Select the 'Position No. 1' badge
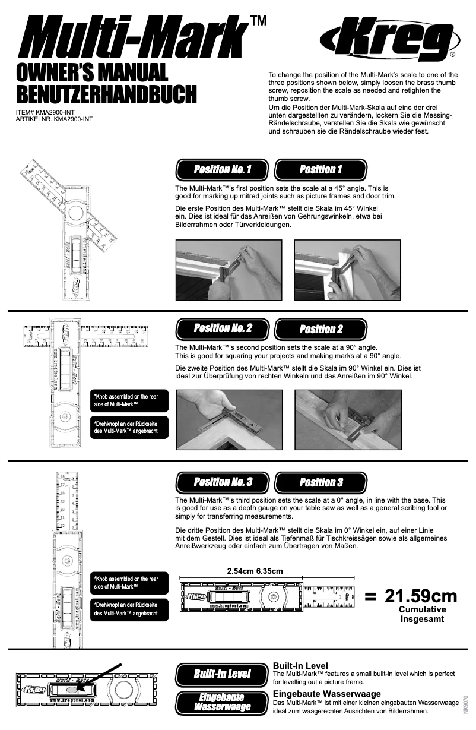click(223, 170)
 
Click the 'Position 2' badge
click(321, 329)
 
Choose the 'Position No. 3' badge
click(223, 481)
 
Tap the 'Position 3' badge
click(321, 482)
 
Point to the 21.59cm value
click(421, 595)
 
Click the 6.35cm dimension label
click(269, 571)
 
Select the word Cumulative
click(422, 609)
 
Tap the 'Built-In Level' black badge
click(222, 674)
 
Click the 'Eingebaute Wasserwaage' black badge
click(222, 701)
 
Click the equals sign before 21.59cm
click(370, 596)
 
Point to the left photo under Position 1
click(229, 268)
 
